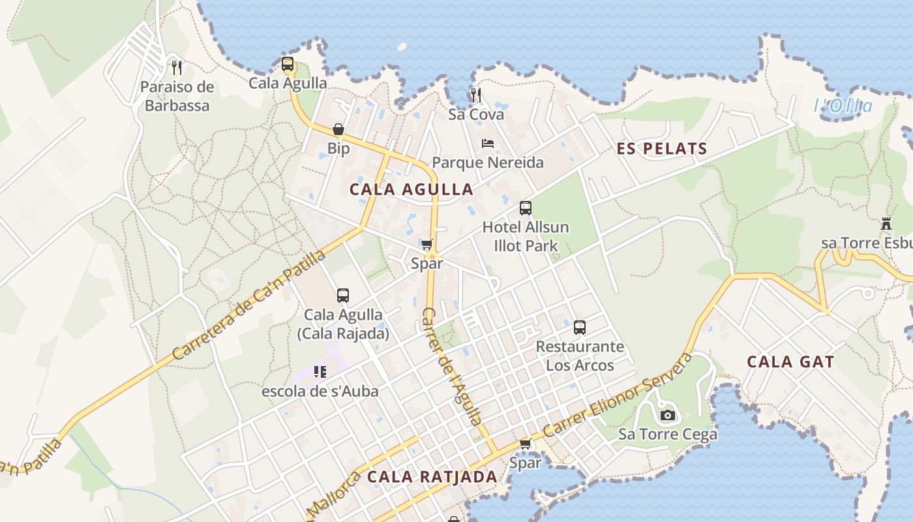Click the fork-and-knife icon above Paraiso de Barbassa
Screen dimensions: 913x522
[176, 67]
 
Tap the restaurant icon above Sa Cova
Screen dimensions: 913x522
[476, 95]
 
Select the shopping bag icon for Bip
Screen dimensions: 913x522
[338, 129]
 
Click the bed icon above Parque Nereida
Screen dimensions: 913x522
[487, 144]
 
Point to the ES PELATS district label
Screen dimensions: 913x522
[662, 149]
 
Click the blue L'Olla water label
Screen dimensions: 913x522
[843, 106]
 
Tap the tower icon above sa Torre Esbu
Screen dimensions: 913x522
[886, 224]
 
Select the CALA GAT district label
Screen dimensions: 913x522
[790, 361]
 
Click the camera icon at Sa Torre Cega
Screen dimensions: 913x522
[667, 415]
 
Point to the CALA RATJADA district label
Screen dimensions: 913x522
[432, 476]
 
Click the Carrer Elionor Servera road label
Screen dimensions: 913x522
[617, 395]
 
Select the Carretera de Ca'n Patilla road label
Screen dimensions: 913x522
[249, 305]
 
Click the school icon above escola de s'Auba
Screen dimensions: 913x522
[320, 372]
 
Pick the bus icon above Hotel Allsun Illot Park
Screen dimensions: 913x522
[526, 208]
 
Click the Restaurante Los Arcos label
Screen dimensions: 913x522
[580, 356]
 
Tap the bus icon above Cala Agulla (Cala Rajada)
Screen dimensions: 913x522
[343, 296]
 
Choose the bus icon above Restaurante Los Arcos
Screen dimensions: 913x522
[580, 328]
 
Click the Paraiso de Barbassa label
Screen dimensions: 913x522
[177, 96]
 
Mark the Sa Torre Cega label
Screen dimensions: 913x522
[667, 434]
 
